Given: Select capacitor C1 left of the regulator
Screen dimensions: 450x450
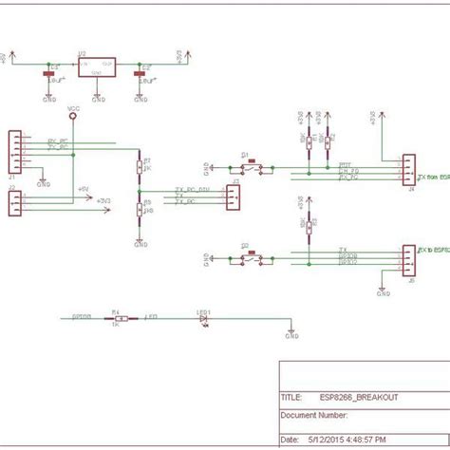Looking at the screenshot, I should pyautogui.click(x=49, y=74).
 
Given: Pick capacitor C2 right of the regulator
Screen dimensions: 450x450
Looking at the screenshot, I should pyautogui.click(x=141, y=74).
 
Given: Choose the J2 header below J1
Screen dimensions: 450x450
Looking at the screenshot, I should pyautogui.click(x=13, y=203).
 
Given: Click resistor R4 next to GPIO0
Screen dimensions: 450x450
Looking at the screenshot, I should pyautogui.click(x=115, y=319).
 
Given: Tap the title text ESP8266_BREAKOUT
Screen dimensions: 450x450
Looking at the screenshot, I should pyautogui.click(x=358, y=397).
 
